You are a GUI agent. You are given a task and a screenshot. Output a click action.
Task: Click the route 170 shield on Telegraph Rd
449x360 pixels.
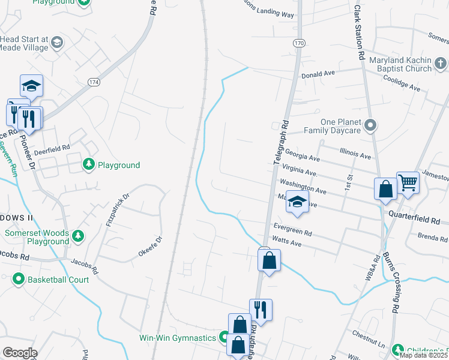click(x=299, y=43)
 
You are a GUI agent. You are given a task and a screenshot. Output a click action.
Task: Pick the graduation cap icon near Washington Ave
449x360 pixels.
click(x=297, y=202)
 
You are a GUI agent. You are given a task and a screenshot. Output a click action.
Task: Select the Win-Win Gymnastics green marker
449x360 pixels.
click(x=223, y=338)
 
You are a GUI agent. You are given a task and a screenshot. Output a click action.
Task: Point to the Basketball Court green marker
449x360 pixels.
click(x=19, y=279)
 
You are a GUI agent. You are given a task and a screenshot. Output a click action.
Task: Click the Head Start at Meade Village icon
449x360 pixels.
click(x=56, y=42)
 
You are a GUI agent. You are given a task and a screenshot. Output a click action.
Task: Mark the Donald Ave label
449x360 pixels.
click(x=318, y=74)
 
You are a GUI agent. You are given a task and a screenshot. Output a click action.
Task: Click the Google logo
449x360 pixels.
click(x=20, y=353)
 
